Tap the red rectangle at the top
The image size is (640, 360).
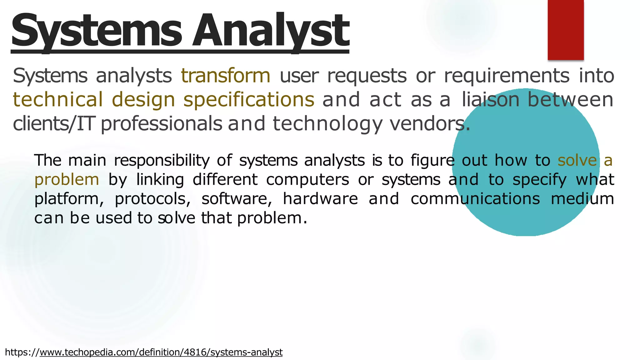tap(566, 30)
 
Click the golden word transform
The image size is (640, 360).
tap(226, 76)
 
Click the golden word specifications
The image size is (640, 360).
tap(249, 100)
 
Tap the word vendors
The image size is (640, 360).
tap(430, 124)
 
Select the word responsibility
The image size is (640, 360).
tap(162, 161)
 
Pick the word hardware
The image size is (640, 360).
tap(320, 199)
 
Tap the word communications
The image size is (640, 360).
tap(475, 199)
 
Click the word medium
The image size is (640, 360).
tap(582, 199)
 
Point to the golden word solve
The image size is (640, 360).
tap(577, 160)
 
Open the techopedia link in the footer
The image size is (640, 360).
tap(161, 352)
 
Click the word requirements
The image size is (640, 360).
tap(507, 76)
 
